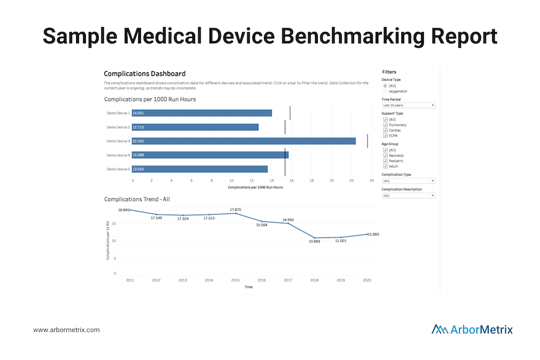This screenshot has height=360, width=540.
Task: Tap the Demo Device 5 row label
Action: pos(118,169)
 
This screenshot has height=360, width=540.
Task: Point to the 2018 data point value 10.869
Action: pos(315,241)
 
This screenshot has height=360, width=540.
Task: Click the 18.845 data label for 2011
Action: pos(123,210)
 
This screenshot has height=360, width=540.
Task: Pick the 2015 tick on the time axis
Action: pos(236,280)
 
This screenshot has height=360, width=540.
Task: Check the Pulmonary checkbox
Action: pos(385,124)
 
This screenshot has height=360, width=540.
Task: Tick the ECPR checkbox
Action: pos(385,136)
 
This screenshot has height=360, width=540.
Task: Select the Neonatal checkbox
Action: pos(385,155)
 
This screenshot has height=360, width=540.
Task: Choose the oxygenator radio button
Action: pos(385,91)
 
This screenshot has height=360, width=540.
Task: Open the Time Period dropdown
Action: pos(408,105)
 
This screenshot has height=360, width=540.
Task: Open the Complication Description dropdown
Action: pos(408,196)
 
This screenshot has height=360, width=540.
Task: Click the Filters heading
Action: pos(389,72)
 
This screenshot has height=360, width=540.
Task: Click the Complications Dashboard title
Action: pos(145,74)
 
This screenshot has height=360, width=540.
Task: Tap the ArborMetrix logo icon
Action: pos(439,329)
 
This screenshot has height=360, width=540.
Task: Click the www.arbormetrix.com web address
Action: pos(66,330)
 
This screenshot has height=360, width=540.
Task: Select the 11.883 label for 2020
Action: pos(373,234)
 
